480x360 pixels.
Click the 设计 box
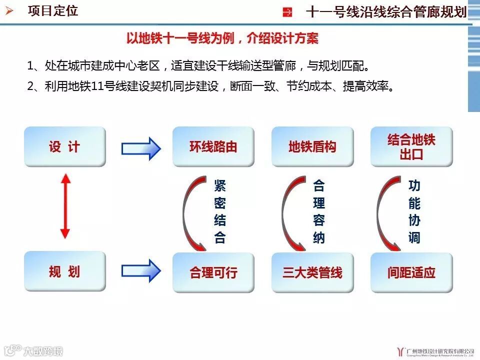65,146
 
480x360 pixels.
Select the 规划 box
65,272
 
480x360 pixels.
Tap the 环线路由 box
213,146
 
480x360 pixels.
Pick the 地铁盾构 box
312,146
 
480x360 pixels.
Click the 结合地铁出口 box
411,146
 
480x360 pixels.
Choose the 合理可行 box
213,272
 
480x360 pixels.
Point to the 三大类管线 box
312,272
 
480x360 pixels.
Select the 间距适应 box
411,272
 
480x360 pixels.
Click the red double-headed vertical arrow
65,205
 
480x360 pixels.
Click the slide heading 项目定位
53,11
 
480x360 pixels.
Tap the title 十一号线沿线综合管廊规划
385,12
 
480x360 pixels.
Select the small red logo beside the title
288,12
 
